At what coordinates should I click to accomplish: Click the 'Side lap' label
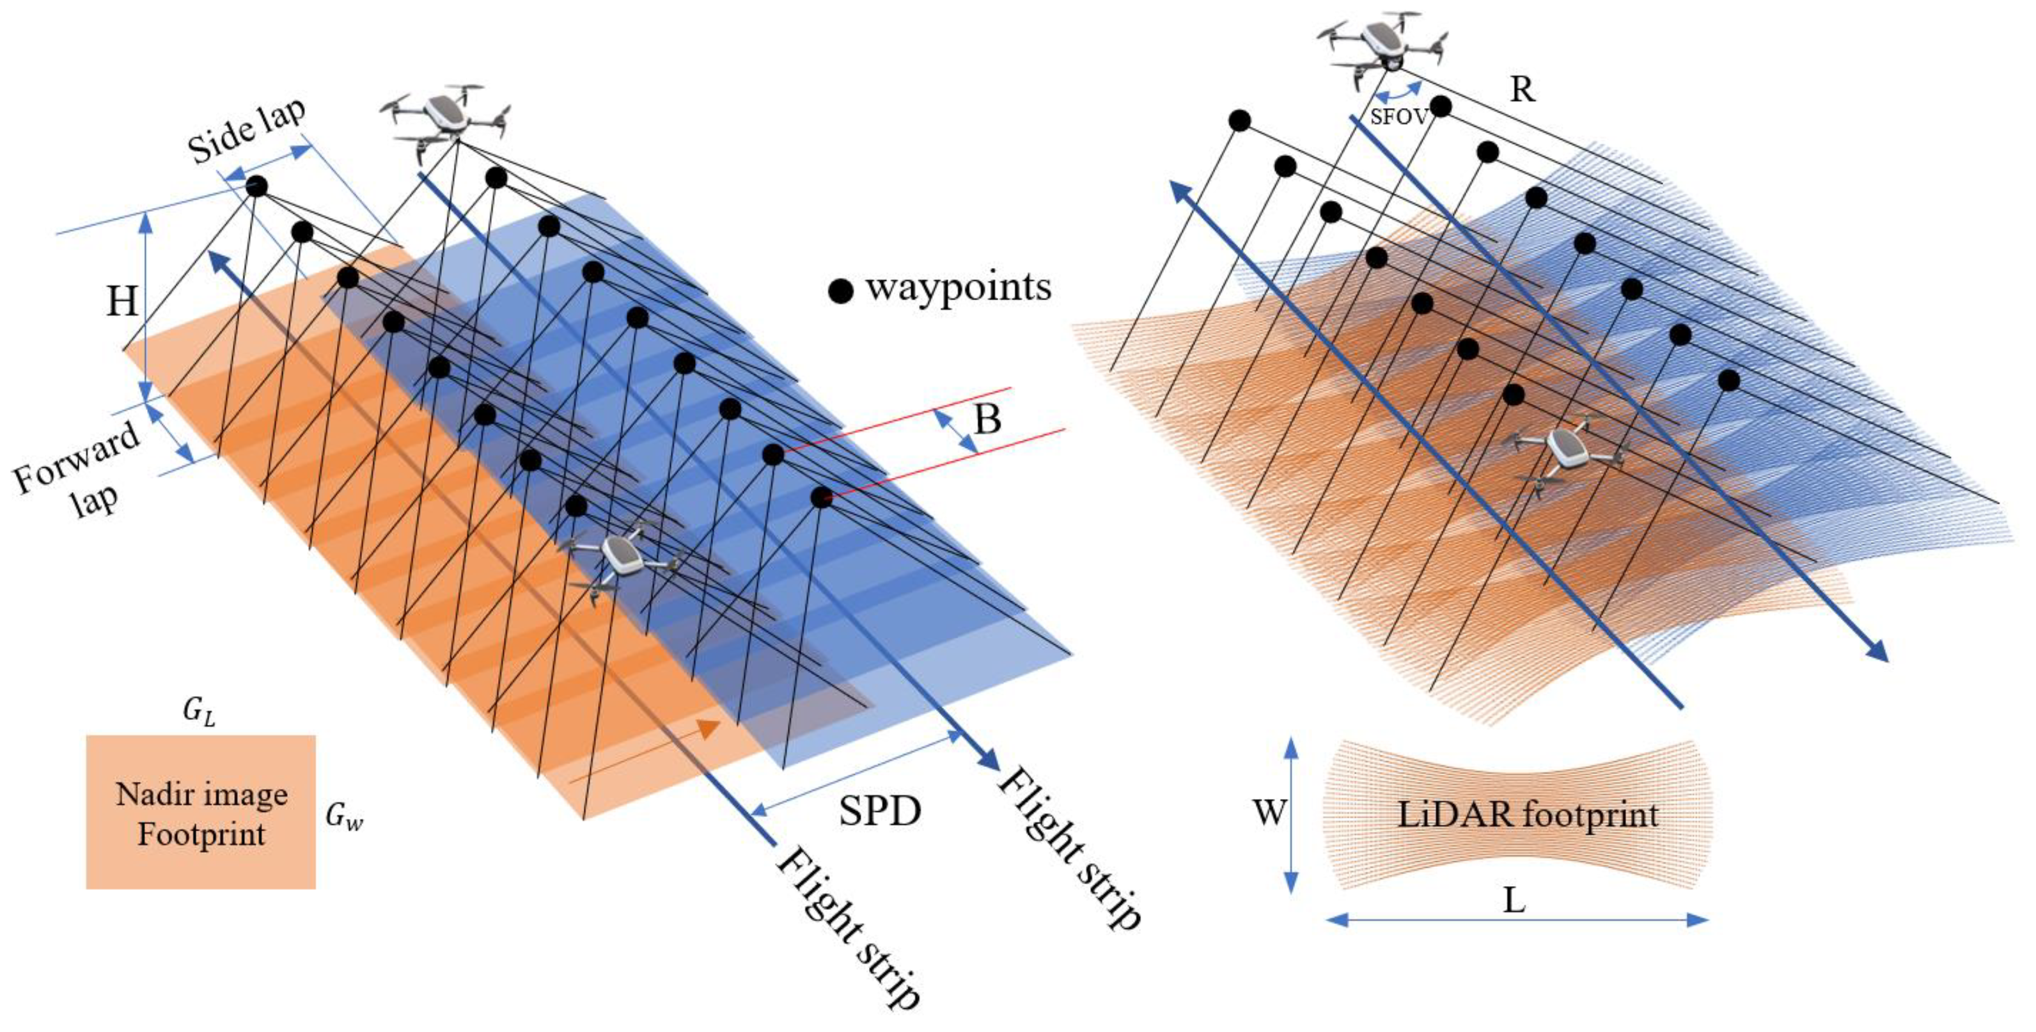click(x=247, y=131)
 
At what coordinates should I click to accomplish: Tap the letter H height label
click(x=123, y=301)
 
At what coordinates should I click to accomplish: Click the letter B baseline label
click(x=987, y=419)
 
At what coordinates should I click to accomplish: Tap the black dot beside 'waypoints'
click(x=840, y=291)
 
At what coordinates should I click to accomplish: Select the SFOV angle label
click(x=1398, y=117)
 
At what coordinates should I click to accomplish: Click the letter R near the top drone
click(x=1521, y=90)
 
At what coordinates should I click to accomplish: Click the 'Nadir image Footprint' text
click(x=201, y=814)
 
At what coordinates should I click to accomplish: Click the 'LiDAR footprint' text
click(x=1528, y=814)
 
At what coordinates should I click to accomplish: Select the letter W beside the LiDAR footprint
click(x=1269, y=812)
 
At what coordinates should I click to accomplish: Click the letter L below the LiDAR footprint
click(x=1513, y=900)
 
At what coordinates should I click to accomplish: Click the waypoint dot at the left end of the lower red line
click(x=821, y=498)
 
